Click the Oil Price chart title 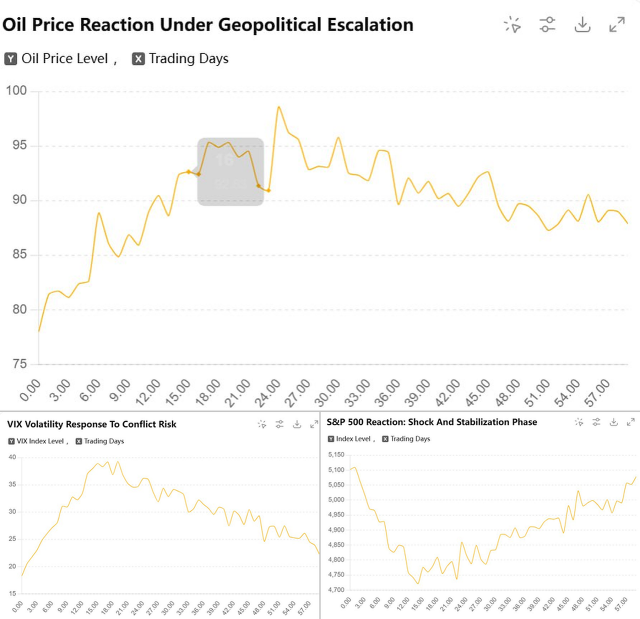click(208, 25)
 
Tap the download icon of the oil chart click(582, 24)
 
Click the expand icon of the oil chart click(617, 24)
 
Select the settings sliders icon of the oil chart click(547, 24)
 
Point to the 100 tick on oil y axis click(16, 91)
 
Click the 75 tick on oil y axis click(19, 364)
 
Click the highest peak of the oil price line click(279, 107)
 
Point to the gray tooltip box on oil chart click(231, 172)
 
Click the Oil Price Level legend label click(65, 59)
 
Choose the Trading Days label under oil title click(189, 59)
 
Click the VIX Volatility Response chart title click(92, 424)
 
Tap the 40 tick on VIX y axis click(12, 457)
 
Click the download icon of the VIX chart click(297, 424)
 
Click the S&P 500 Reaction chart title click(432, 422)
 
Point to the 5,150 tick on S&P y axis click(336, 455)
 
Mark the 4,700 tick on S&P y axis click(336, 590)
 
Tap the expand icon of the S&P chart click(630, 422)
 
